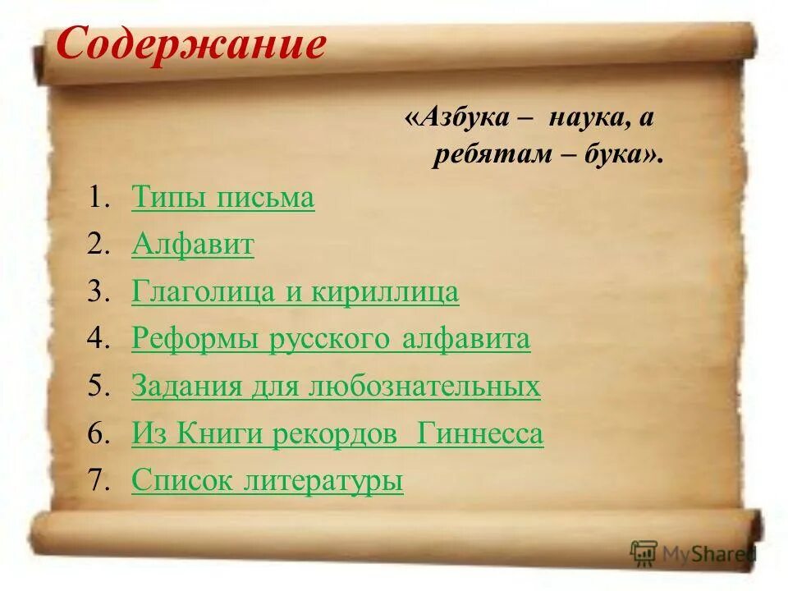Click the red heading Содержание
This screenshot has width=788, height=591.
coord(190,46)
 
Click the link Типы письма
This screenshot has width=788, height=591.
coord(222,199)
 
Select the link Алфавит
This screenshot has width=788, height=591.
coord(192,245)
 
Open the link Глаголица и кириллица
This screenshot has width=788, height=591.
coord(295,293)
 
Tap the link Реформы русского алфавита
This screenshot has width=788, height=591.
coord(331,340)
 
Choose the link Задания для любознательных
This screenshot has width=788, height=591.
coord(336,387)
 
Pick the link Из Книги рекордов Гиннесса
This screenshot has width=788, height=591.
coord(337,434)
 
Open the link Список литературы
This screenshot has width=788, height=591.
coord(267,481)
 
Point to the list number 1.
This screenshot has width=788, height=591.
coord(99,199)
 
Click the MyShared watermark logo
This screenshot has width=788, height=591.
coord(692,554)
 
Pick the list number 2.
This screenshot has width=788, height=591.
coord(99,246)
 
